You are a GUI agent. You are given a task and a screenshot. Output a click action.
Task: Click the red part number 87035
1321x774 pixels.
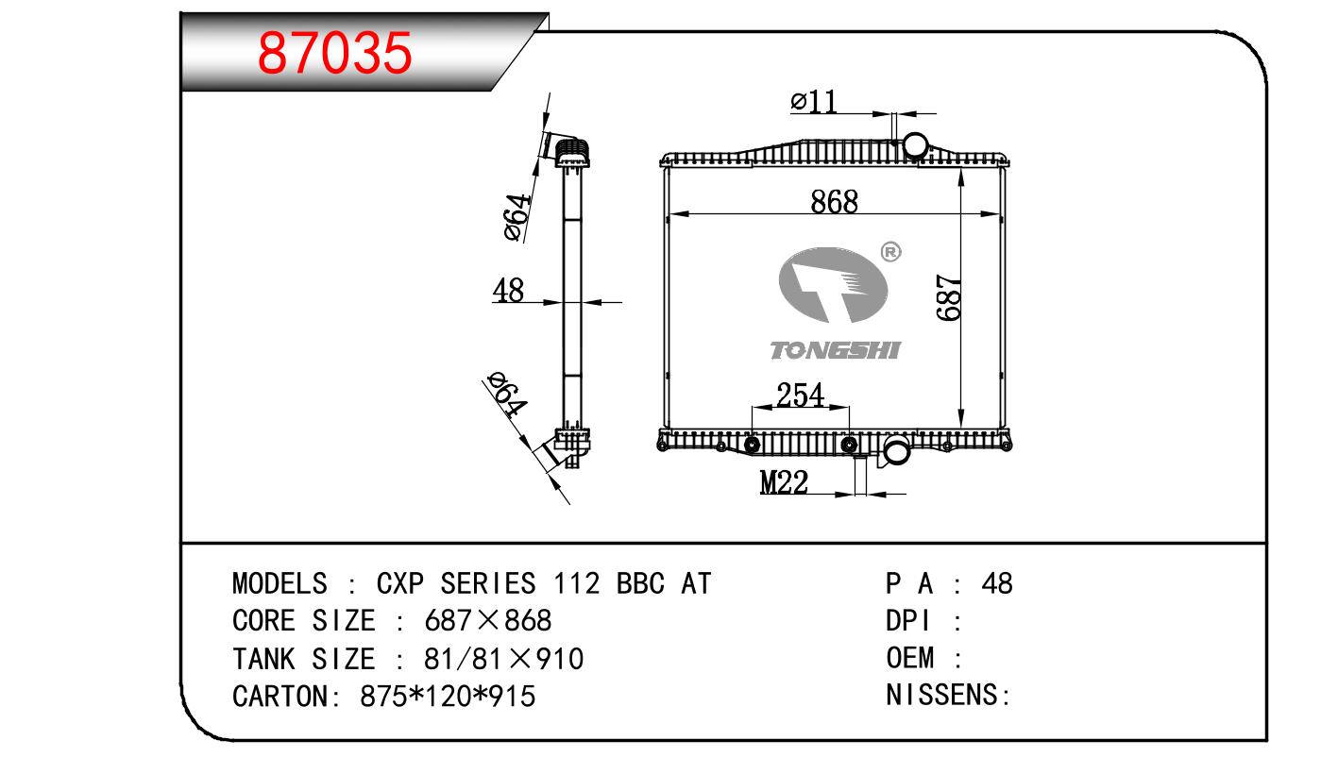tap(336, 54)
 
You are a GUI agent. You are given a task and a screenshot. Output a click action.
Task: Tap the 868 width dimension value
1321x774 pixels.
tap(834, 201)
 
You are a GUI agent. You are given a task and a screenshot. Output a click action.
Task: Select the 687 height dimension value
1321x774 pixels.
tap(950, 298)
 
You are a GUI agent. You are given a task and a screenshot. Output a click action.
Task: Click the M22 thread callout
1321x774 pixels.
tap(785, 483)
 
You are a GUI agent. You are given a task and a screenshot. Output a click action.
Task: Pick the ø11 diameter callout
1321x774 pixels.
tap(814, 101)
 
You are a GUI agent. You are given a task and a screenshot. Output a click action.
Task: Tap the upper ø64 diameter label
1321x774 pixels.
tap(517, 218)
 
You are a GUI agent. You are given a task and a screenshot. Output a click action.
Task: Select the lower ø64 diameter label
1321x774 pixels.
tap(505, 395)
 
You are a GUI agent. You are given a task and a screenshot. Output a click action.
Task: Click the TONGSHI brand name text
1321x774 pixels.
tap(836, 351)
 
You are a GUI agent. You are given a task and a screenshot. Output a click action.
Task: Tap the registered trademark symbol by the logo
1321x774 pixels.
tap(890, 252)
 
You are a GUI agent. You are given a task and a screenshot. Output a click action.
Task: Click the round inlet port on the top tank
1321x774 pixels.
tap(917, 145)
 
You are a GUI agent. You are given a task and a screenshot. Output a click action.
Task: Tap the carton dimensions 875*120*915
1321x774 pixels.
tap(449, 697)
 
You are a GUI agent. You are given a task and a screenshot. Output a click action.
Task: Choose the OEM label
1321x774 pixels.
tap(910, 658)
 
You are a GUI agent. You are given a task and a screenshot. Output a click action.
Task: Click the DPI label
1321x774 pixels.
tap(908, 621)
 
